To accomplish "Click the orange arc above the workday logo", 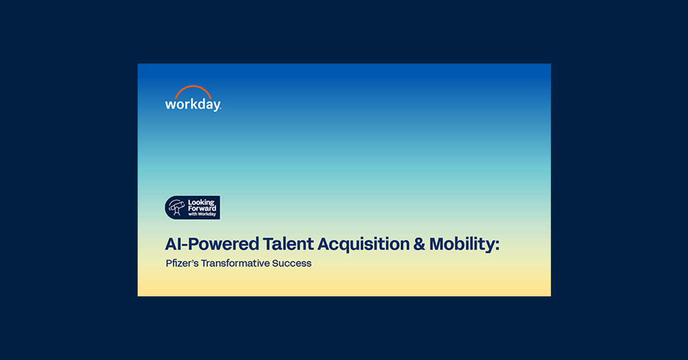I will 193,89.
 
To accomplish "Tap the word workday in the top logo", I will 193,105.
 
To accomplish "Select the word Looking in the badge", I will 201,202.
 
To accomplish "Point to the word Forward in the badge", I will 202,209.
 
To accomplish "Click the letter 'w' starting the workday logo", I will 170,105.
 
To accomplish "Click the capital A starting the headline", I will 170,244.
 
